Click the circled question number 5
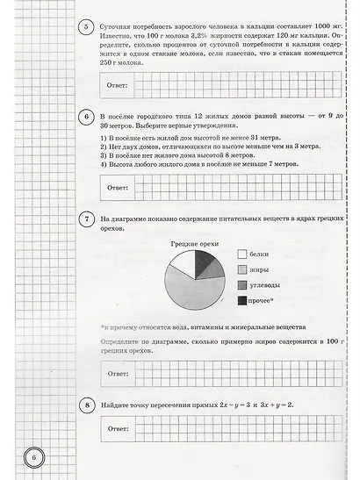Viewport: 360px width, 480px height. click(86, 27)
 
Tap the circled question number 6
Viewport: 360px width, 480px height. click(86, 116)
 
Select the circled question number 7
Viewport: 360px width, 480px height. click(86, 218)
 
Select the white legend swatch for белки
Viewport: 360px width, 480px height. click(241, 253)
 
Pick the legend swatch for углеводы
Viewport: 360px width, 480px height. click(241, 284)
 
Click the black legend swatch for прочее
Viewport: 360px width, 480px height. click(241, 300)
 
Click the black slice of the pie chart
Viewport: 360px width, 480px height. click(201, 261)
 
